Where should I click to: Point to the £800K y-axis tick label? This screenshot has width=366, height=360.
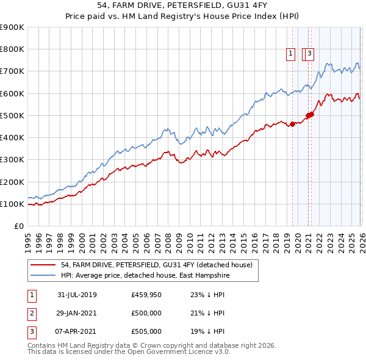pyautogui.click(x=12, y=49)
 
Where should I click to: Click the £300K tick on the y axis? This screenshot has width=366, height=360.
pyautogui.click(x=12, y=160)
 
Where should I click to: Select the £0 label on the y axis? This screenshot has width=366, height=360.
pyautogui.click(x=18, y=226)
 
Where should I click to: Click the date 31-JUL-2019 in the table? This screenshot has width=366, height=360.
pyautogui.click(x=77, y=295)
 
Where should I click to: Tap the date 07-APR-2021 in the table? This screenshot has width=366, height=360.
pyautogui.click(x=77, y=331)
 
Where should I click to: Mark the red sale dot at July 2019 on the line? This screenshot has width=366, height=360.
pyautogui.click(x=292, y=124)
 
